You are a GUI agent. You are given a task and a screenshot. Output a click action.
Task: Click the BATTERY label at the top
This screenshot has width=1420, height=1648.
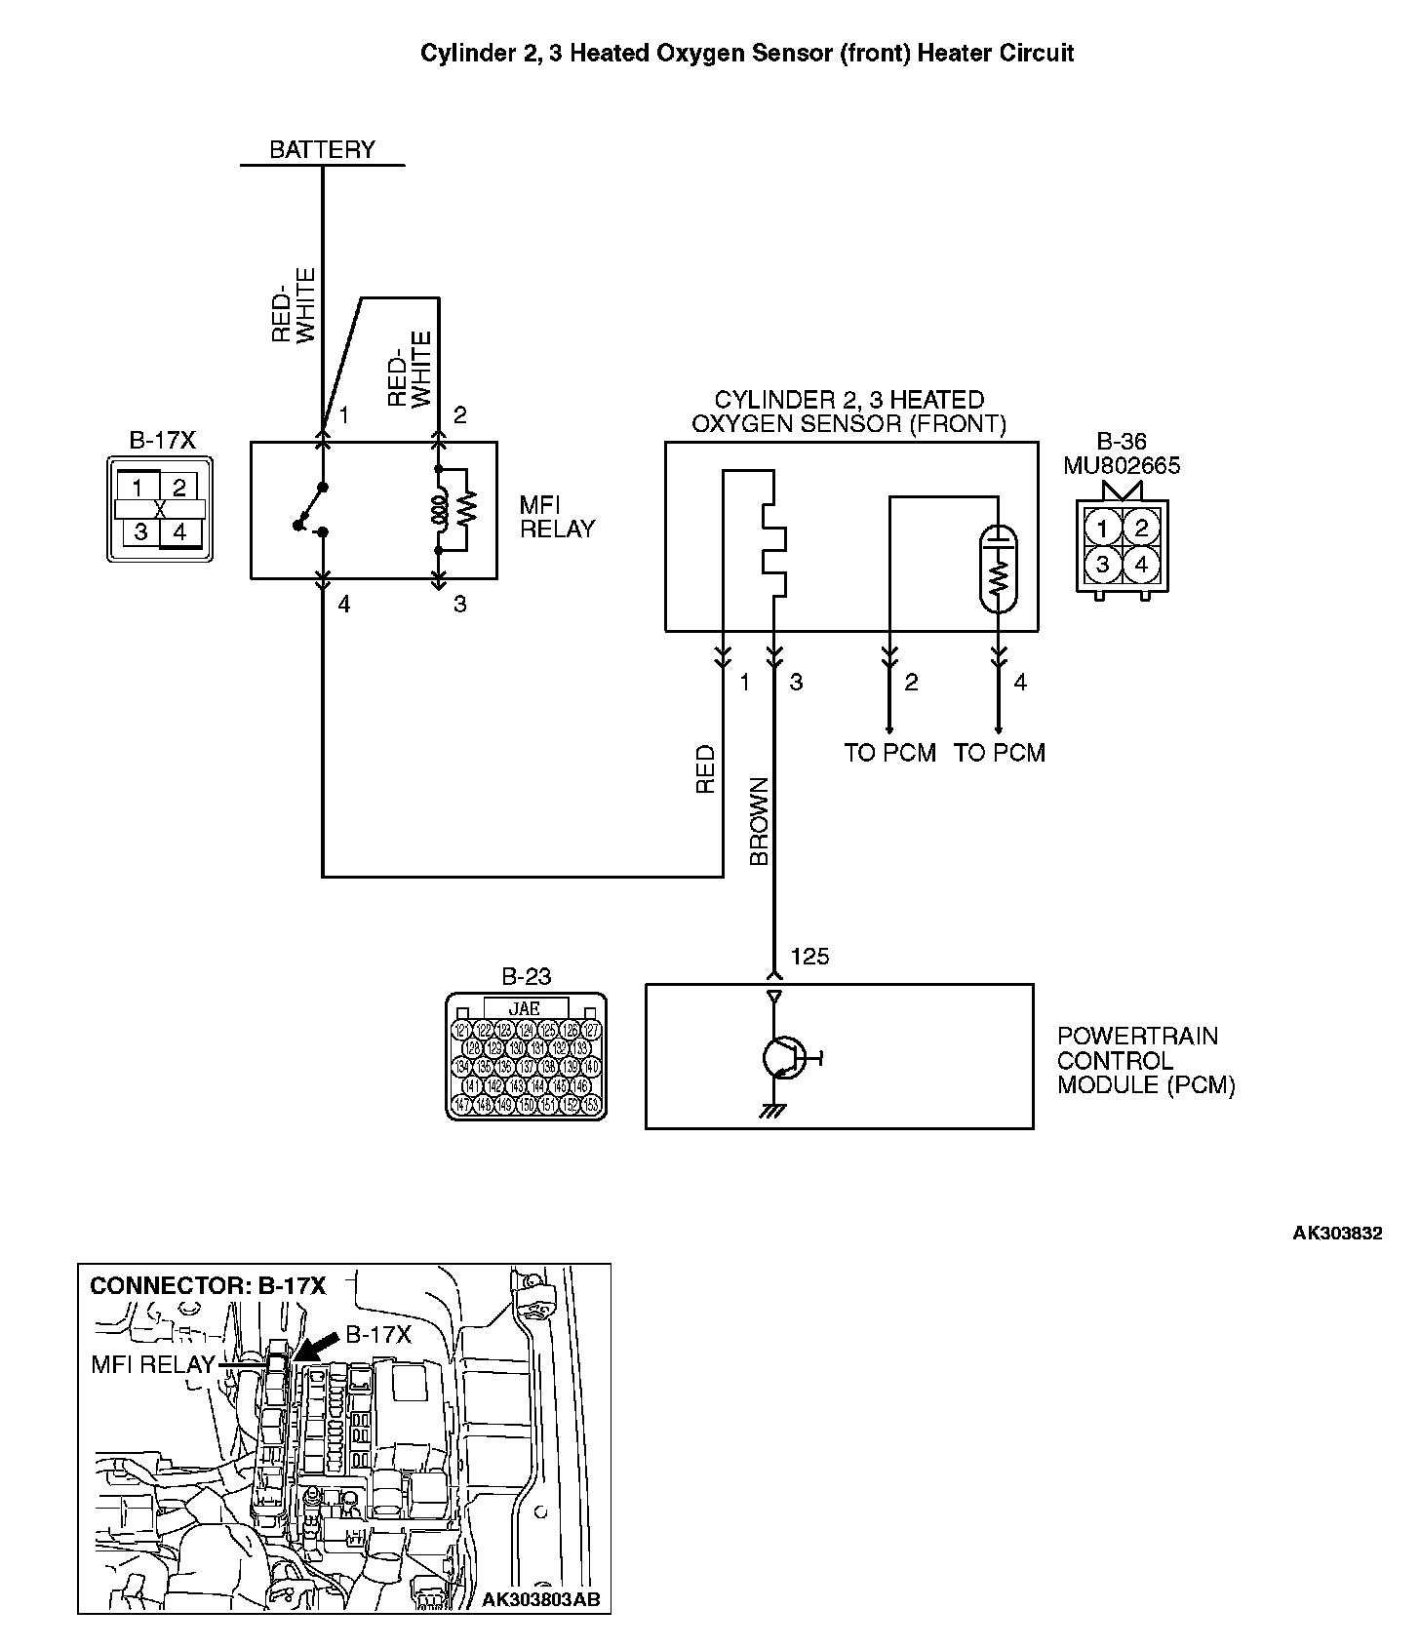click(x=322, y=149)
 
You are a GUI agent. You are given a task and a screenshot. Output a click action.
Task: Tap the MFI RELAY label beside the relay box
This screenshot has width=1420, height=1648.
click(x=557, y=517)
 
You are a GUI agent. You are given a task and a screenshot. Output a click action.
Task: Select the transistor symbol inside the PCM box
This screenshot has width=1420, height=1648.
click(x=783, y=1057)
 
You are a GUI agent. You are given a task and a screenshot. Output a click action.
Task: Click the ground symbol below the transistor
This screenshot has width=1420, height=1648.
click(x=774, y=1110)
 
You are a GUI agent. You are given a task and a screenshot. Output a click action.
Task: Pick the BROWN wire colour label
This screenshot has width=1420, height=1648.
click(x=760, y=821)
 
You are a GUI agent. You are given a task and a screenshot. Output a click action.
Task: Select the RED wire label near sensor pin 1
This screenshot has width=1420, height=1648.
click(x=705, y=769)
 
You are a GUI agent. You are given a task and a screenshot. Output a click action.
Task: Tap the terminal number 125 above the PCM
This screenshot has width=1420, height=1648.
click(x=809, y=956)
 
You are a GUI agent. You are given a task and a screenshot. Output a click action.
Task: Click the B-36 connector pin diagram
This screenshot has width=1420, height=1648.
click(x=1122, y=545)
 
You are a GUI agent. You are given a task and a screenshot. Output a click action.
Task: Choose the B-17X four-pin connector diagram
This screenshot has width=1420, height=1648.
click(x=160, y=509)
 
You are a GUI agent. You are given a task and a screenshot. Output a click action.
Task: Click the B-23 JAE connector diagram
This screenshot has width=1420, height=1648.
click(x=526, y=1057)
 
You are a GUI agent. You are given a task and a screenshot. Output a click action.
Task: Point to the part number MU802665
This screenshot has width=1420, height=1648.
click(x=1122, y=465)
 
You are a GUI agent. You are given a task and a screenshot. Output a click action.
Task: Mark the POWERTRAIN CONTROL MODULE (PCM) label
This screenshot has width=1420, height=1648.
click(x=1145, y=1060)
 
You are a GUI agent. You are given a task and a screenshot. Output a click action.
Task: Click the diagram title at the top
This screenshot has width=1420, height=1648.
click(x=747, y=53)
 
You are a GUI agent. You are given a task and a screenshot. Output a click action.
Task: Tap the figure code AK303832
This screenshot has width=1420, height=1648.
click(x=1337, y=1233)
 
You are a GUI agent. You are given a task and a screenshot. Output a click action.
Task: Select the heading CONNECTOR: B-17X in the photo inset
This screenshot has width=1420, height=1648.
click(x=208, y=1285)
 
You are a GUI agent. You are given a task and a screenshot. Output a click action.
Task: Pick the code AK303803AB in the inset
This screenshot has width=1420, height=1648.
click(x=541, y=1599)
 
